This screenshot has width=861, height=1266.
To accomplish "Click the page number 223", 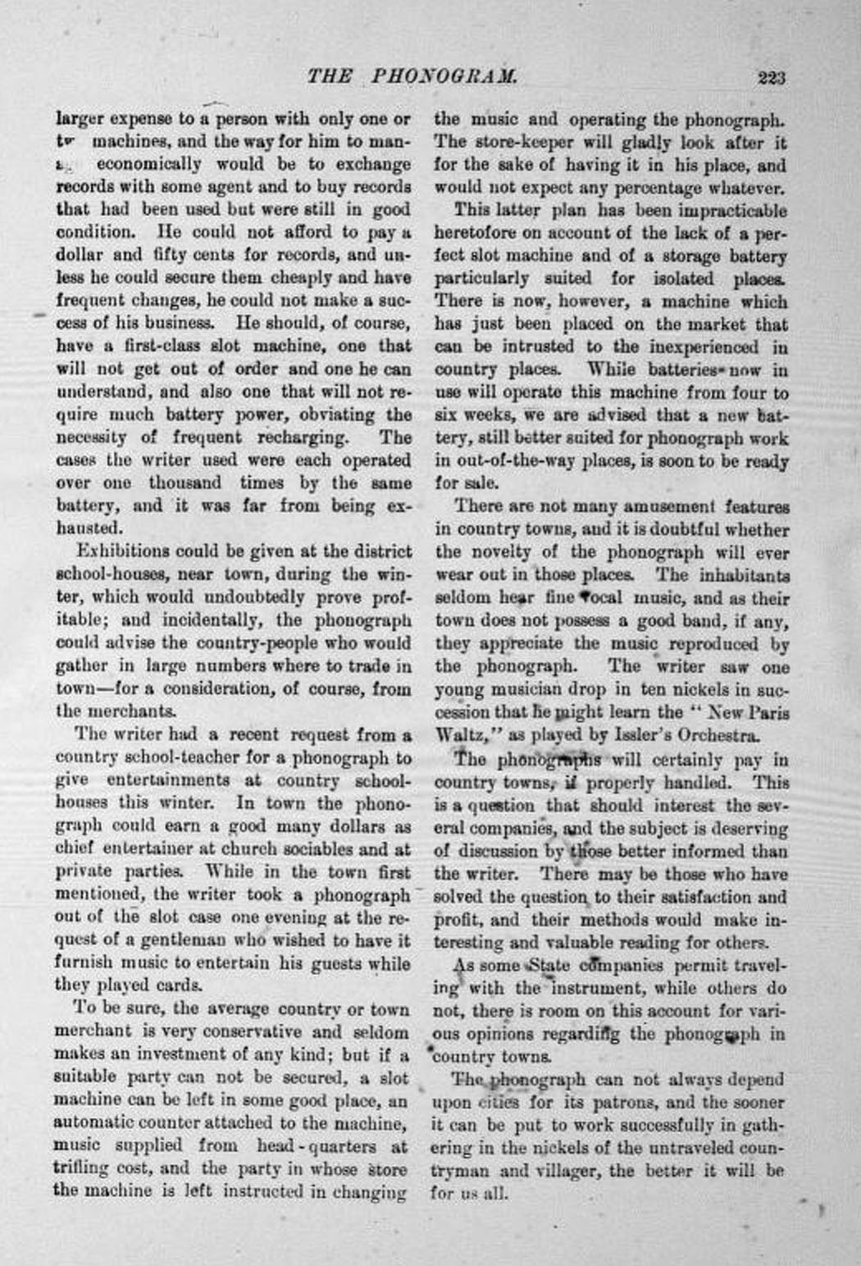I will pos(772,78).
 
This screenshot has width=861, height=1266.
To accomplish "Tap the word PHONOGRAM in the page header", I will pos(445,77).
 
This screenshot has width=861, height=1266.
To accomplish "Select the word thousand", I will pos(184,482).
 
